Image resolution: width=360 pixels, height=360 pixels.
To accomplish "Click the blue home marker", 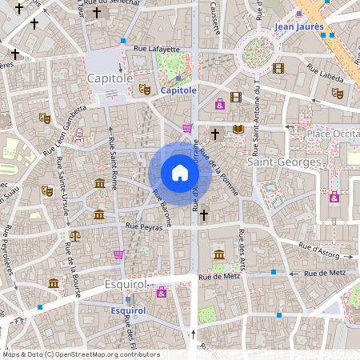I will (180, 173).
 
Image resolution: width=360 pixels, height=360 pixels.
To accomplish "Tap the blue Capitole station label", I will (178, 91).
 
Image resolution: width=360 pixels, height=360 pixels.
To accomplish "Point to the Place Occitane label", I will (330, 134).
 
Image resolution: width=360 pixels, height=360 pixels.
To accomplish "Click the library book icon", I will (238, 129).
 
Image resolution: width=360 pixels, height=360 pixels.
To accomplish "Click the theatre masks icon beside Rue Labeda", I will (338, 94).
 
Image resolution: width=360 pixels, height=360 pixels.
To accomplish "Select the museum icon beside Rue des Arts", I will (218, 254).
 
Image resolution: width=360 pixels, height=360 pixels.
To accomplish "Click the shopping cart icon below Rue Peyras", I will (118, 254).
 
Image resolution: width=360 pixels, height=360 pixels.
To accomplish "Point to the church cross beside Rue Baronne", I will (204, 214).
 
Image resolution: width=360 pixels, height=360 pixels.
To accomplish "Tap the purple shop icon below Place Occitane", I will (334, 198).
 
